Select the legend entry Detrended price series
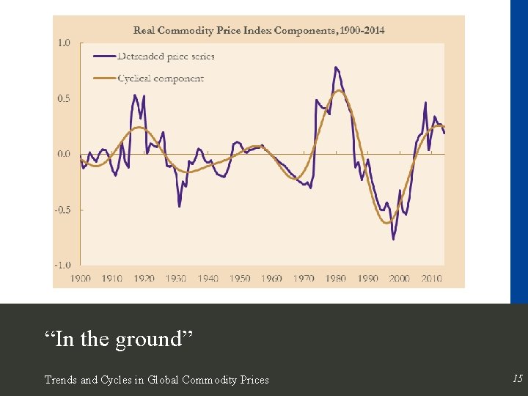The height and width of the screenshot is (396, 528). [x=166, y=56]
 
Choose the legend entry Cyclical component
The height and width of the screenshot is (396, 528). [x=161, y=78]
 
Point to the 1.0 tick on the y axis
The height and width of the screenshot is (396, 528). [x=64, y=43]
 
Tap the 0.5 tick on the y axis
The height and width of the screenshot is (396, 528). [x=64, y=98]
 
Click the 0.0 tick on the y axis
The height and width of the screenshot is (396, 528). [x=64, y=154]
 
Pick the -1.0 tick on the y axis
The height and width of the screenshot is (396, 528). [x=62, y=265]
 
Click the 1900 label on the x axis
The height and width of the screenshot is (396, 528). [x=81, y=279]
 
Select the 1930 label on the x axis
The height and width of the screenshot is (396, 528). [x=176, y=279]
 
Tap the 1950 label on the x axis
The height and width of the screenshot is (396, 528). [x=240, y=279]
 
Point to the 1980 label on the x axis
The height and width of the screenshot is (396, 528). [x=336, y=279]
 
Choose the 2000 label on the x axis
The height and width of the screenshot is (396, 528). [x=400, y=279]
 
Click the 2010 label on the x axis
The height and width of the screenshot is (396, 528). [x=431, y=279]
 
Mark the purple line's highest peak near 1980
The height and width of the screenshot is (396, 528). [x=335, y=67]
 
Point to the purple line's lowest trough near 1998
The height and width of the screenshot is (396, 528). [x=394, y=239]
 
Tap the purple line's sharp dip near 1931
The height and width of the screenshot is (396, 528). [x=180, y=206]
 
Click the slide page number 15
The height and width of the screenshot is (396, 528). [x=518, y=378]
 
